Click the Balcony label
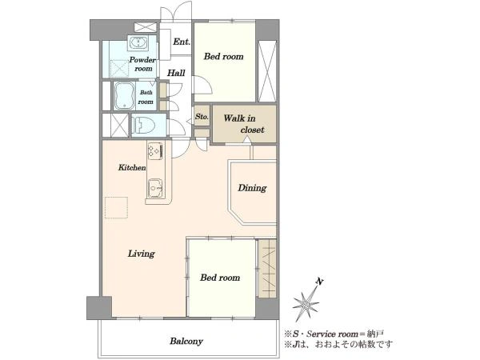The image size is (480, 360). point(186,341)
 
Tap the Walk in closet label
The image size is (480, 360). point(244,124)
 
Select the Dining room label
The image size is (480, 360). point(252,188)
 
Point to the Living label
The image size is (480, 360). point(141,254)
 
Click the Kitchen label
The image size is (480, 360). point(132,167)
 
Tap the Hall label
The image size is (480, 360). point(176,73)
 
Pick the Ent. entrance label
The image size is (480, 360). point(182,42)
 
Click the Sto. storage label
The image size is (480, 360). point(202,117)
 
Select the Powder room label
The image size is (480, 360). point(142,64)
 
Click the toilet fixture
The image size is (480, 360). point(145,125)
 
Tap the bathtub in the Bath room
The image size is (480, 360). point(124,95)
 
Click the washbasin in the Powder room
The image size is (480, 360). point(139,42)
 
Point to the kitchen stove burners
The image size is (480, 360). point(155,151)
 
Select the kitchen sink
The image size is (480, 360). point(155,188)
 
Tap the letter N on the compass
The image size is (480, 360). point(319,282)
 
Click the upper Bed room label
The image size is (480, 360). point(224,56)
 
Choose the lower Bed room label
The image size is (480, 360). point(220,278)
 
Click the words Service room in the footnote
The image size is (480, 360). point(332,334)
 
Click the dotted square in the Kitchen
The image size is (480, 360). point(116,208)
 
